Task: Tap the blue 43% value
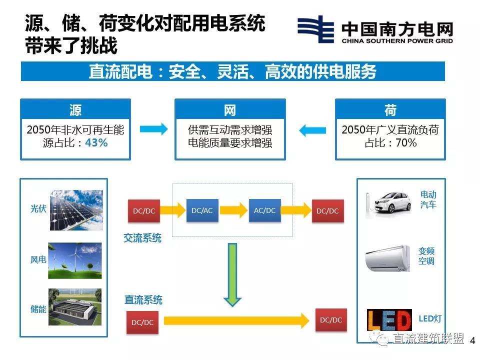(x=96, y=143)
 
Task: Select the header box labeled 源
(x=75, y=110)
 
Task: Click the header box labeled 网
(x=229, y=110)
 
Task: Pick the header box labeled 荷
(x=390, y=110)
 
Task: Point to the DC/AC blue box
(x=202, y=210)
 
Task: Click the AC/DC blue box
(x=264, y=210)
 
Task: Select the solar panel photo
(x=76, y=210)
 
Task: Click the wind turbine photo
(x=74, y=260)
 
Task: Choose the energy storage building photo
(x=74, y=307)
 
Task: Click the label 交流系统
(x=142, y=238)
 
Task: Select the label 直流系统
(x=143, y=300)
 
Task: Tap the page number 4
(x=473, y=341)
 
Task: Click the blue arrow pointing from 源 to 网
(x=153, y=130)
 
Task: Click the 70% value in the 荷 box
(x=405, y=143)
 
